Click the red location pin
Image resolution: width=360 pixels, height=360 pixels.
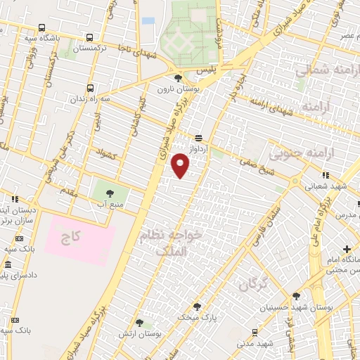[181, 166]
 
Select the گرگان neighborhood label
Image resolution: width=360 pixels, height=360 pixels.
[253, 284]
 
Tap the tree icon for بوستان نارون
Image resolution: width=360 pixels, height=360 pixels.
[177, 79]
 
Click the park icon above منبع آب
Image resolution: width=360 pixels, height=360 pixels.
[109, 191]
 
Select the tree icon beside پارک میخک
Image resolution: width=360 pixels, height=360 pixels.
[197, 307]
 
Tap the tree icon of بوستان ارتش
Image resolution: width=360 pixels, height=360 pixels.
[139, 323]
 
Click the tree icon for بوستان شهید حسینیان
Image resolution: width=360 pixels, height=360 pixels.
[296, 296]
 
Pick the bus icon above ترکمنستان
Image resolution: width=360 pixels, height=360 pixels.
[89, 39]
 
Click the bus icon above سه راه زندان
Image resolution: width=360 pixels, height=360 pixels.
[89, 89]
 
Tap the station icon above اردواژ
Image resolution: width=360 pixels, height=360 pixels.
[199, 138]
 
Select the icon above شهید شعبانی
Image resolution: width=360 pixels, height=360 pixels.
[324, 174]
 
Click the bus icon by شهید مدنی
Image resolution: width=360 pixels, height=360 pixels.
[254, 332]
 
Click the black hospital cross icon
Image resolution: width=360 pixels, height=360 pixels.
[347, 249]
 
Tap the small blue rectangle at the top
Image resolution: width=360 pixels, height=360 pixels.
[148, 21]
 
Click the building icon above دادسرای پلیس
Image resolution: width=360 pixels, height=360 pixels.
[8, 265]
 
